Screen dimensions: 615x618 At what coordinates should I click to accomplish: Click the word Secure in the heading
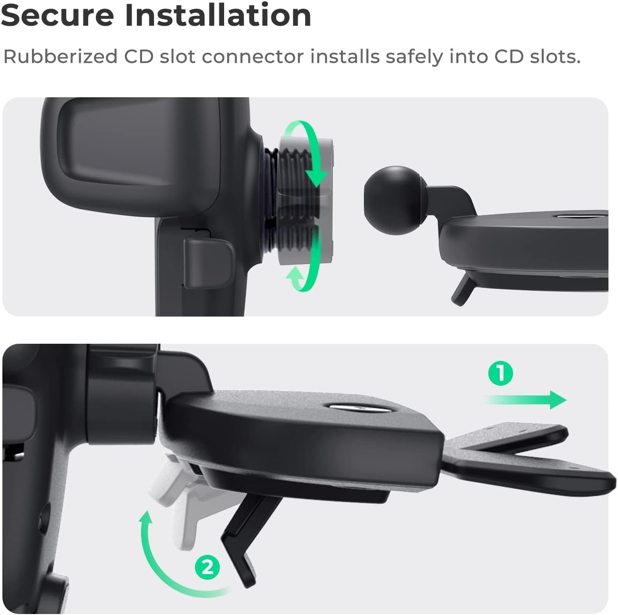(x=57, y=15)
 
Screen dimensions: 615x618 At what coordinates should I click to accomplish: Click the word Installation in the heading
(x=218, y=15)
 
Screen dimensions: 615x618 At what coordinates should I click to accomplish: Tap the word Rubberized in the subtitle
(x=60, y=57)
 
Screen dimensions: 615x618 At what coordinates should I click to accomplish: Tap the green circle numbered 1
(x=501, y=373)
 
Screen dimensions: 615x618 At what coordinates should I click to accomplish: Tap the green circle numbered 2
(x=207, y=568)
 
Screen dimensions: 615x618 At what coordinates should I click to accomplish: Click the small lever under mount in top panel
(x=462, y=291)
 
